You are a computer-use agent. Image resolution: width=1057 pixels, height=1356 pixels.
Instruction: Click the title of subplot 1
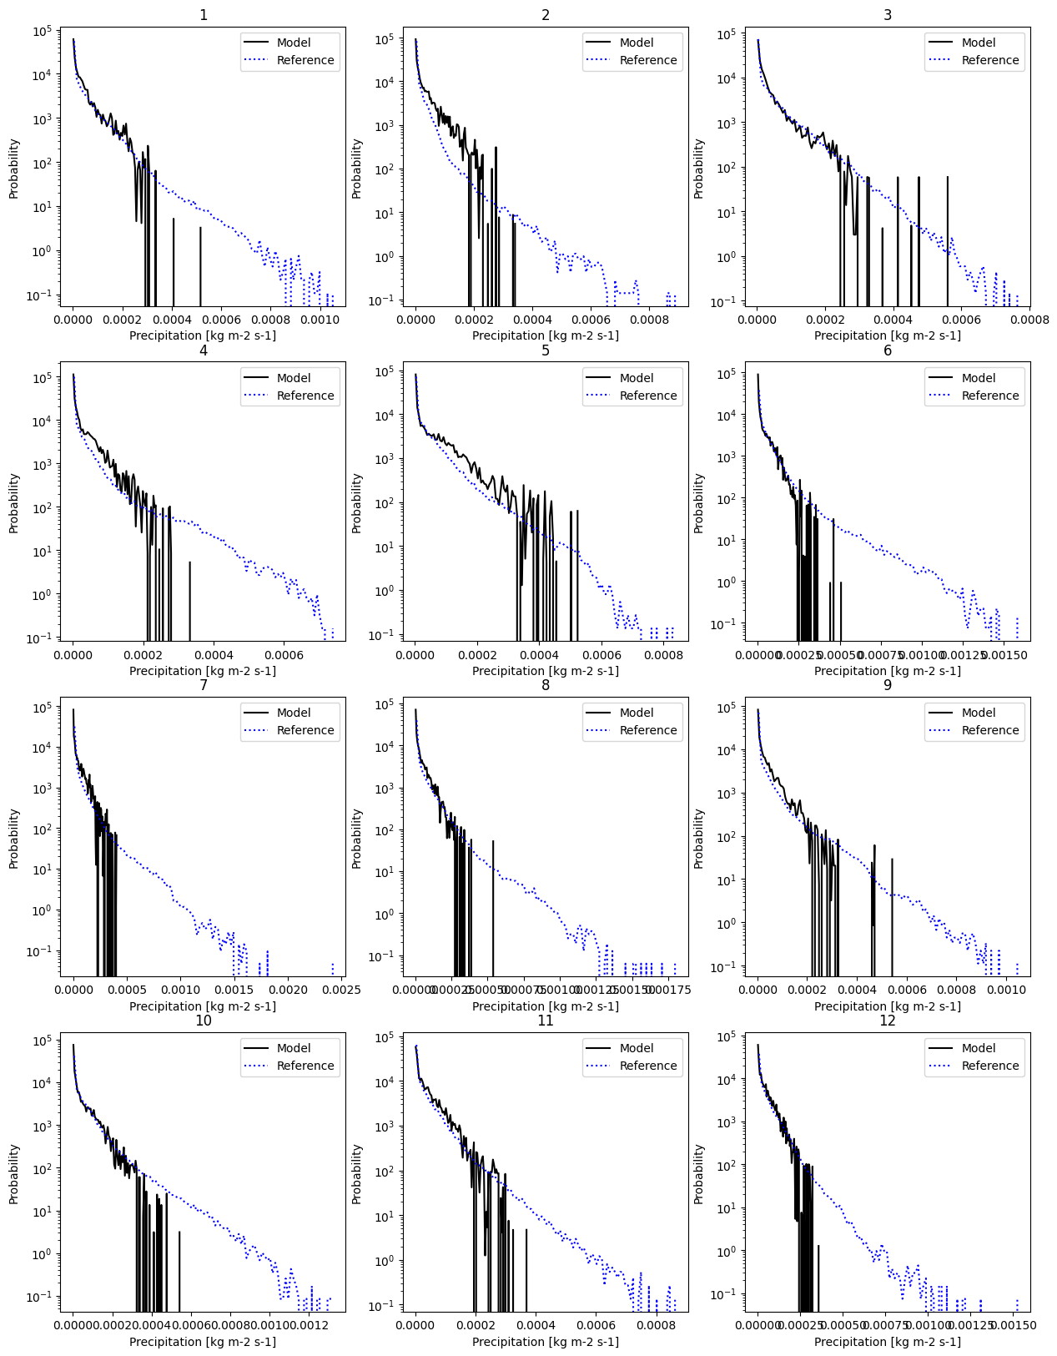pos(203,15)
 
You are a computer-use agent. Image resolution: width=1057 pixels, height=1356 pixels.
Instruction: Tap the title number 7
pos(203,685)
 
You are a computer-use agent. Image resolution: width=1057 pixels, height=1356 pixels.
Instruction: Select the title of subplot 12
pos(887,1021)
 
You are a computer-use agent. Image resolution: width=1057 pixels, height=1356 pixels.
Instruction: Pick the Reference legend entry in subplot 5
pos(647,396)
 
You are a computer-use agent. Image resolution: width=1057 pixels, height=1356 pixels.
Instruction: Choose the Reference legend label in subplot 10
pos(305,1066)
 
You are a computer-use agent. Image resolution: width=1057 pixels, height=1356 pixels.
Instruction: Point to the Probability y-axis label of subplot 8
pos(357,839)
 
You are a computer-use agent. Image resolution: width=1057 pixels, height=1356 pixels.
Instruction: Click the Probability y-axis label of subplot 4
pos(14,503)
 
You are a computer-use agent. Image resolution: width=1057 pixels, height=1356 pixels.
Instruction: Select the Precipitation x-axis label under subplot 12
pos(887,1342)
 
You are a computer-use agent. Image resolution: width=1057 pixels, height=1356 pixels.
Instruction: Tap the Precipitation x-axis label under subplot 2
pos(545,335)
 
